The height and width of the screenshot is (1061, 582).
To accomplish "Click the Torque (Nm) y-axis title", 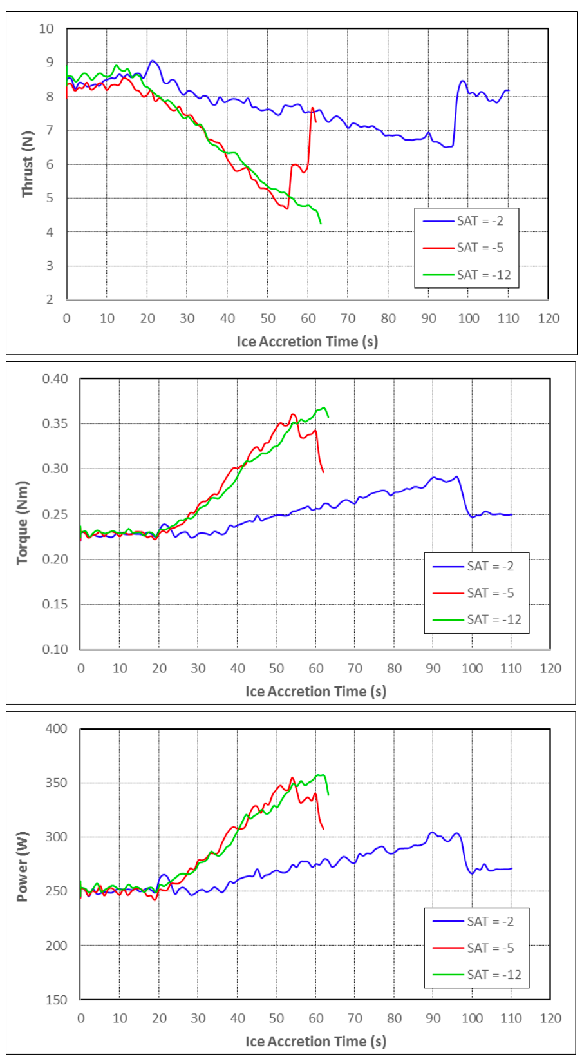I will point(23,522).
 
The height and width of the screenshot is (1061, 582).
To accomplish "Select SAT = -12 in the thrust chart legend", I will point(483,275).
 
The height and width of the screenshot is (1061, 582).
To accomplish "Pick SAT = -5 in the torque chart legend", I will point(490,592).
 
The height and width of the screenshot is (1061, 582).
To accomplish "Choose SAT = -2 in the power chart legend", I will point(490,921).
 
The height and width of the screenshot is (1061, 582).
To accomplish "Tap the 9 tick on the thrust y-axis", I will point(50,63).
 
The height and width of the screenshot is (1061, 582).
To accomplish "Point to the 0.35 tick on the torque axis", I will point(55,423).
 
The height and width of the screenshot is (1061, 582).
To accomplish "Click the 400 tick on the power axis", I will point(56,728).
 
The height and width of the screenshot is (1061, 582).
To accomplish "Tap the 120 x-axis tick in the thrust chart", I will point(549,318).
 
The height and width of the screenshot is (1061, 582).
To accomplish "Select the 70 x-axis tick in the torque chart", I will point(355,668).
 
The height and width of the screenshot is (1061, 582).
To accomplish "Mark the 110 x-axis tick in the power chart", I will point(511,1018).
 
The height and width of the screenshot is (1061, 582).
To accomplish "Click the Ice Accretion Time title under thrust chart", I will point(307,342).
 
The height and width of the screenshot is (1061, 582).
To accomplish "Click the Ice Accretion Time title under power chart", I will point(315,1041).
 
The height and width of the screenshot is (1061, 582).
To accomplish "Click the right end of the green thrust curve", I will point(321,223).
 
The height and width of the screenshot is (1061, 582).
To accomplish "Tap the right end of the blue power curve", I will point(511,868).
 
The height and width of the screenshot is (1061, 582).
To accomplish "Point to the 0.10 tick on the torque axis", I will point(55,649).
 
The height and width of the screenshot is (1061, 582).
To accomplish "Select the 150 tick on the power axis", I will point(56,999).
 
